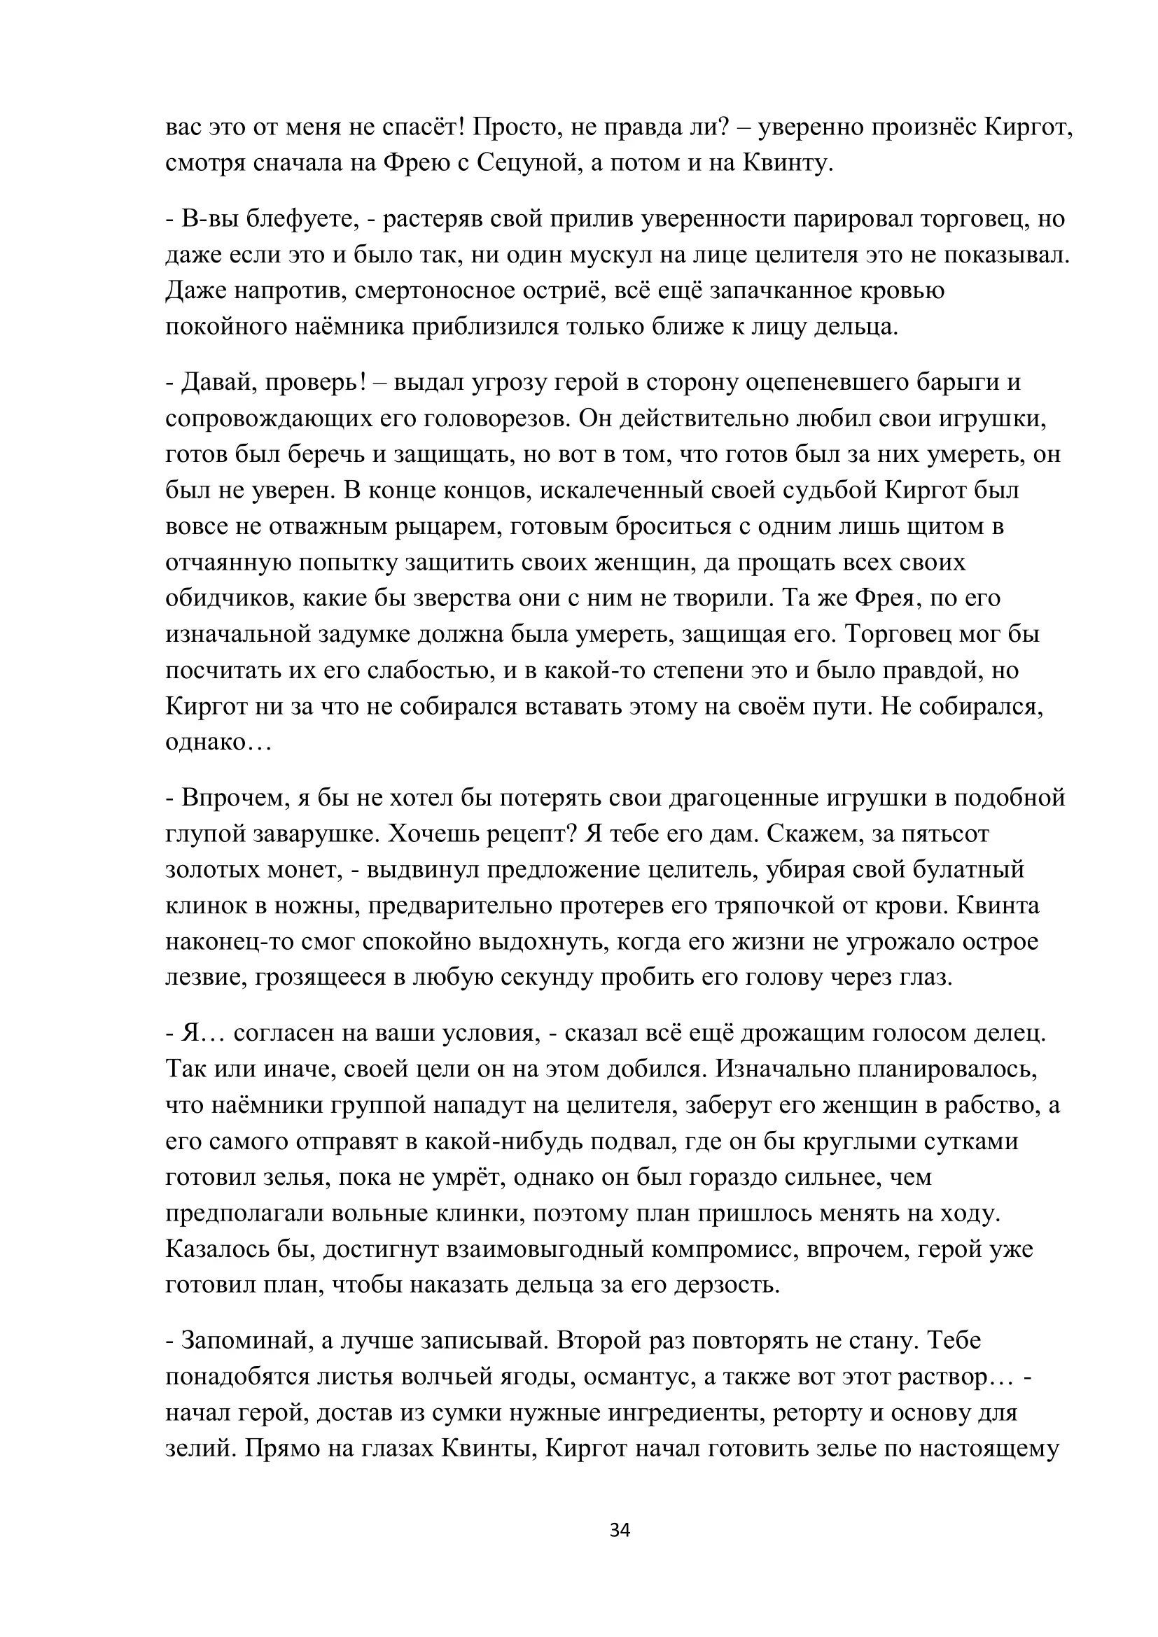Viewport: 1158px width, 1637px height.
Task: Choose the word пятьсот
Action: [x=944, y=834]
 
